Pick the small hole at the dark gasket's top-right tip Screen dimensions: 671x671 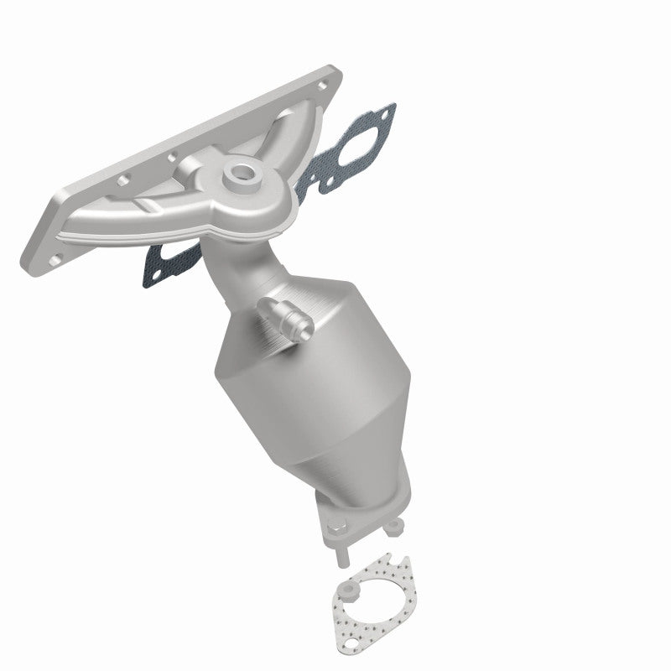(x=384, y=111)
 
